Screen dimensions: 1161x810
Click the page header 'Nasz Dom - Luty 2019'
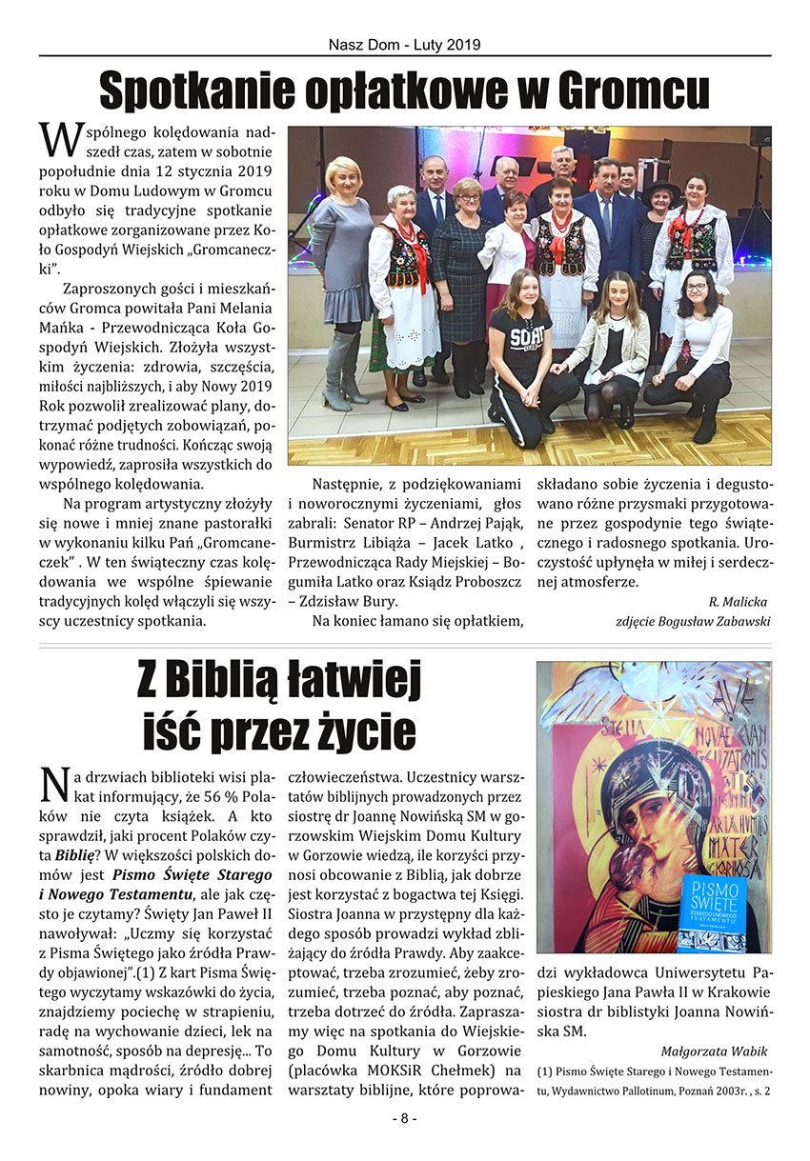pyautogui.click(x=404, y=45)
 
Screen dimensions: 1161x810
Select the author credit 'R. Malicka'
pyautogui.click(x=738, y=601)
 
